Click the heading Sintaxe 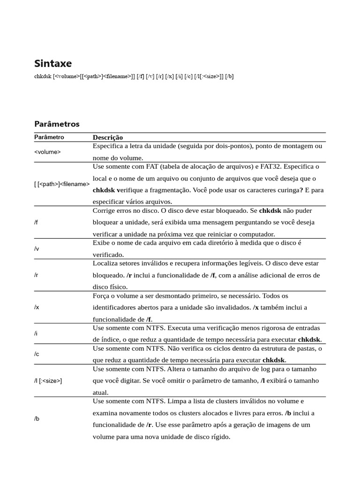(x=53, y=63)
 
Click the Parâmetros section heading (x=57, y=124)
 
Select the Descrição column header (x=108, y=137)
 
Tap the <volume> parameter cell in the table (x=47, y=152)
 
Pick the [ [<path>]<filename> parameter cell (x=62, y=184)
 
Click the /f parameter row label (x=36, y=222)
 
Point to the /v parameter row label (x=36, y=248)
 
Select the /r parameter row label (x=36, y=275)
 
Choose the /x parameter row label (x=36, y=307)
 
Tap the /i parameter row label (x=36, y=333)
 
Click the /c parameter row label (x=36, y=354)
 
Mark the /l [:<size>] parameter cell (x=48, y=381)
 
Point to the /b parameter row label (x=37, y=419)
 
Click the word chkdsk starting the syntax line (x=43, y=76)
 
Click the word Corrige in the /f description (x=104, y=210)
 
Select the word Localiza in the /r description (x=105, y=263)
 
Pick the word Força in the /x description (x=102, y=296)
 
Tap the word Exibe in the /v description (x=102, y=242)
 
